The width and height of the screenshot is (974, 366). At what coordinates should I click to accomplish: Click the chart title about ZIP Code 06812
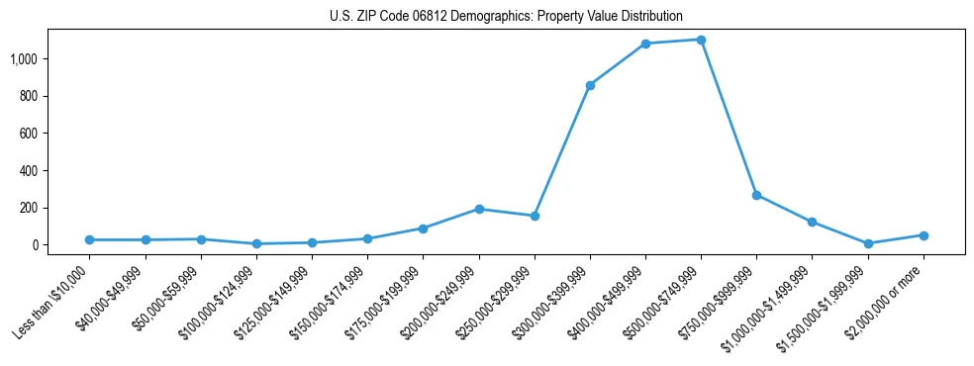[x=506, y=16]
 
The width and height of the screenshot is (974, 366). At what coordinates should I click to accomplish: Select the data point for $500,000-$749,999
[x=701, y=40]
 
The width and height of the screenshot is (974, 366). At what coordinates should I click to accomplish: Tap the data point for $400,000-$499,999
[x=645, y=44]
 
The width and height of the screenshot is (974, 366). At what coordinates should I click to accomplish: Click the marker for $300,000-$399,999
[x=590, y=85]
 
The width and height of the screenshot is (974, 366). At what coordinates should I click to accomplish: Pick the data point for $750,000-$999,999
[x=756, y=195]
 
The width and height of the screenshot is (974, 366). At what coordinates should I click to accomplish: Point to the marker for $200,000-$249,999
[x=479, y=209]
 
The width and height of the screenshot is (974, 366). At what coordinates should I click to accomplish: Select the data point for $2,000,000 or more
[x=924, y=235]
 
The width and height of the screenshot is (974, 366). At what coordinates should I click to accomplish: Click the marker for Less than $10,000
[x=90, y=239]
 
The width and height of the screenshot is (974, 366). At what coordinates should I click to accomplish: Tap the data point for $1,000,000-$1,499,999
[x=812, y=222]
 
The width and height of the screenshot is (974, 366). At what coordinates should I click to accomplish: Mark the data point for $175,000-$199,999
[x=423, y=229]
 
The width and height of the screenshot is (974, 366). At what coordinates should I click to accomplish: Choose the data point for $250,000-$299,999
[x=535, y=216]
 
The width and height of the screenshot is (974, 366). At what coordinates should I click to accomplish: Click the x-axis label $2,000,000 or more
[x=887, y=296]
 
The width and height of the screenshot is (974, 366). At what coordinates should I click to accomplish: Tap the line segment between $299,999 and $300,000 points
[x=562, y=150]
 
